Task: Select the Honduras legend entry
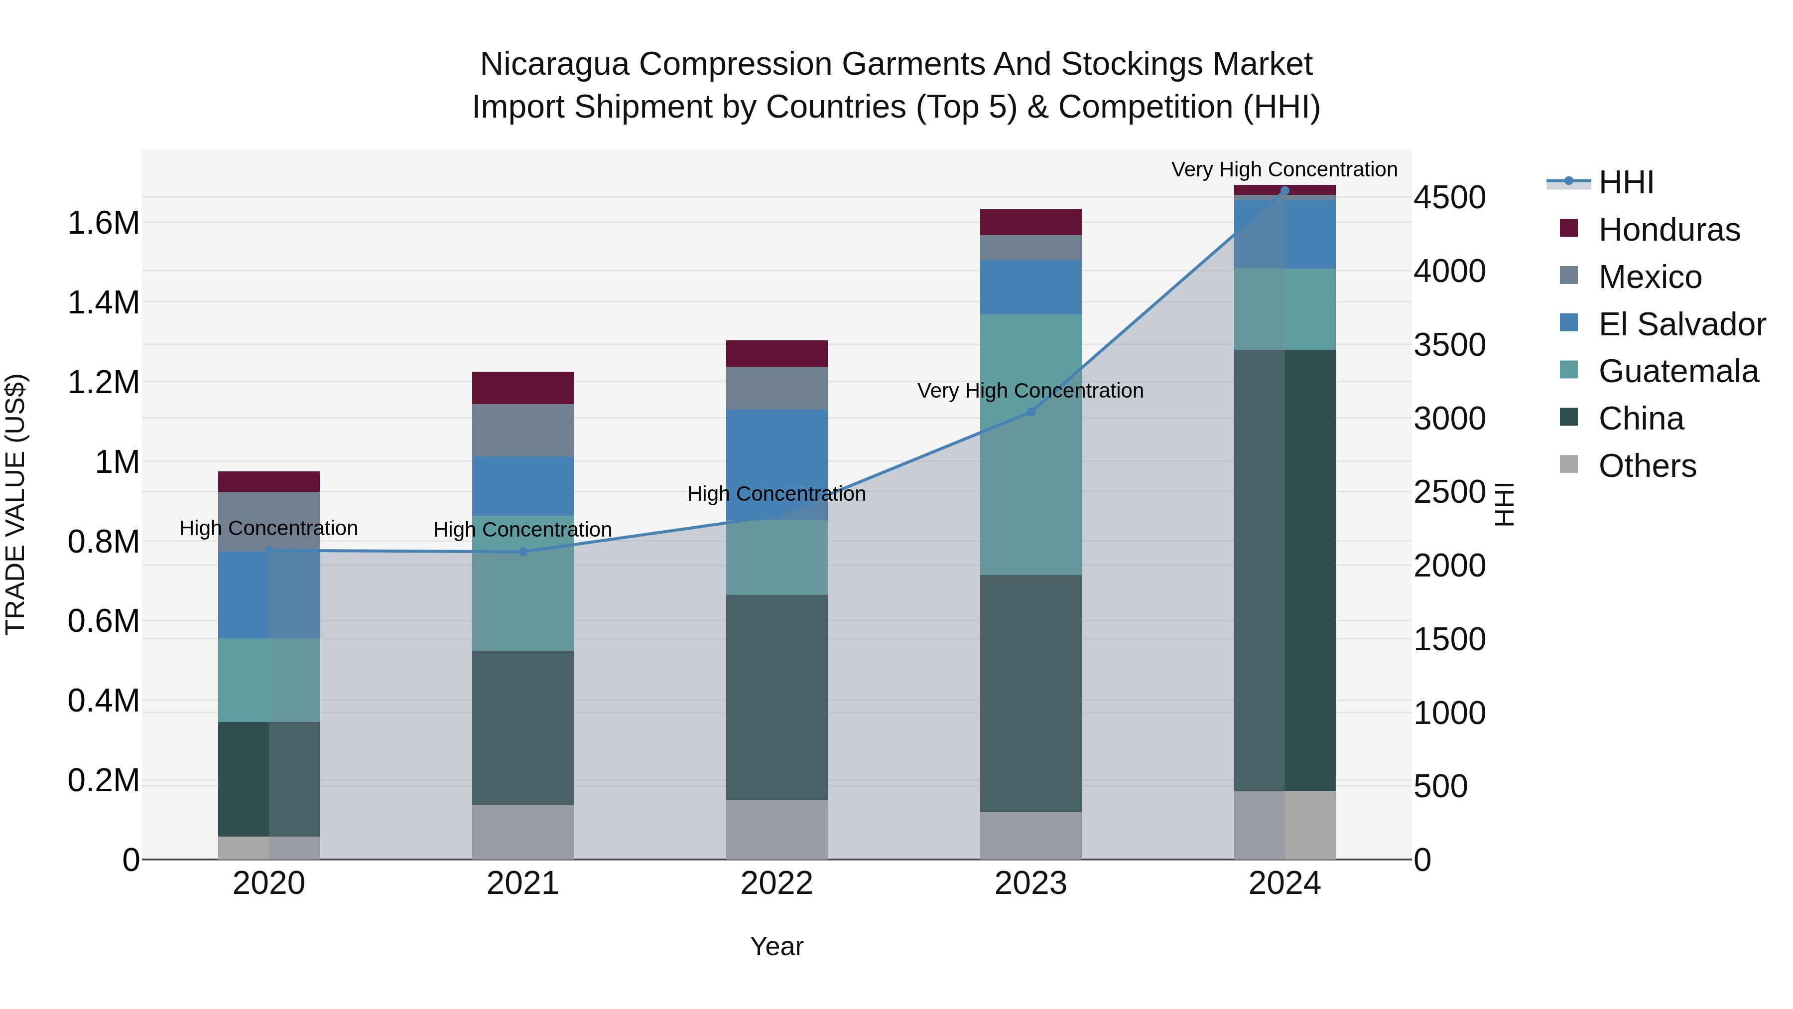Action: pos(1669,230)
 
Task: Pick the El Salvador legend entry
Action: pos(1681,324)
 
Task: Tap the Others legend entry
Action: pos(1647,466)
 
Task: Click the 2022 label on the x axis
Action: pos(777,883)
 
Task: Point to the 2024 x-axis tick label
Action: pos(1284,883)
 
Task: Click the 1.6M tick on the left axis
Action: pos(103,224)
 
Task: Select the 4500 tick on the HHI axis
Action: pos(1449,198)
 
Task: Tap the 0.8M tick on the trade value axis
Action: pos(103,542)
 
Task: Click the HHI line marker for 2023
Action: pos(1031,412)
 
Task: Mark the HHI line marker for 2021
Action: pos(523,552)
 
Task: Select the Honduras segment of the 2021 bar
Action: pos(523,388)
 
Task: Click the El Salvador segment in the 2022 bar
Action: pos(777,464)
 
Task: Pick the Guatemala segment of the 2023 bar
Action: pos(1031,444)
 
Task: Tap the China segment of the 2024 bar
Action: pos(1284,570)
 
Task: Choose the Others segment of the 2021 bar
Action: pos(523,832)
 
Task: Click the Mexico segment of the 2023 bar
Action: pos(1031,248)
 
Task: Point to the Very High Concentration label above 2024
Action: pos(1284,170)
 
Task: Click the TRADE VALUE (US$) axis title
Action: pos(16,504)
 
